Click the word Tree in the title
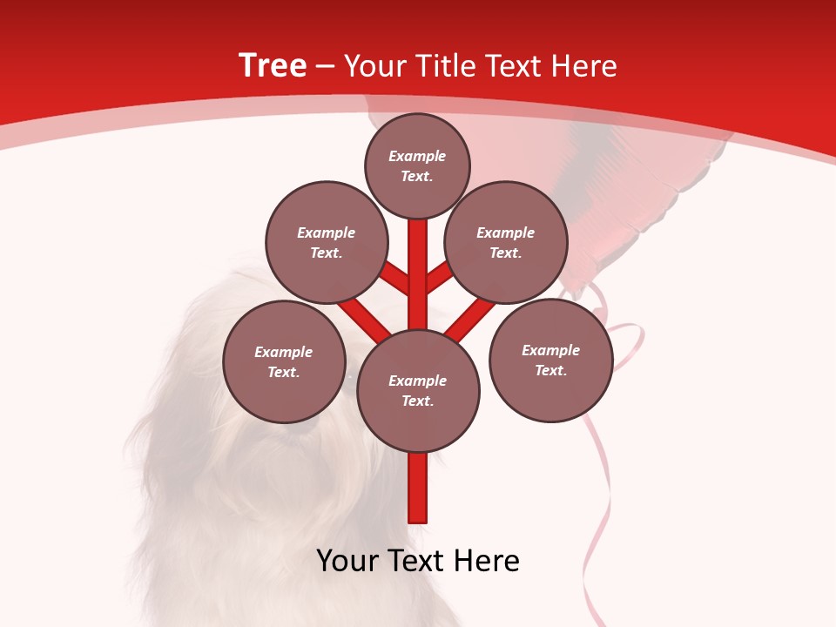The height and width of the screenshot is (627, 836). pyautogui.click(x=273, y=66)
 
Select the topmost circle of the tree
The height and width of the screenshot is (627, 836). pyautogui.click(x=417, y=165)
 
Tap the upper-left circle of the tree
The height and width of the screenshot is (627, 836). pyautogui.click(x=327, y=242)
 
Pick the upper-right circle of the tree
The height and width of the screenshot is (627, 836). pyautogui.click(x=506, y=242)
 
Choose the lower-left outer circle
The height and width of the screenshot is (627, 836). pyautogui.click(x=284, y=361)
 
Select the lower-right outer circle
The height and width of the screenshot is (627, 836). pyautogui.click(x=551, y=360)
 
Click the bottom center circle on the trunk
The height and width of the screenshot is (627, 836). pyautogui.click(x=418, y=390)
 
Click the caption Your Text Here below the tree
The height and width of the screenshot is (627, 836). pyautogui.click(x=418, y=561)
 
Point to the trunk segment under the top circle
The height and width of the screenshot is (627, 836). pyautogui.click(x=418, y=261)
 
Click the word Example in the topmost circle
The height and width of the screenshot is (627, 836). pyautogui.click(x=417, y=156)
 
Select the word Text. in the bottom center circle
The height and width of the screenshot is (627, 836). pyautogui.click(x=417, y=401)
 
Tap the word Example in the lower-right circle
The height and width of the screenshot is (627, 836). pyautogui.click(x=550, y=350)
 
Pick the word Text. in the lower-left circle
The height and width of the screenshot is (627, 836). pyautogui.click(x=284, y=373)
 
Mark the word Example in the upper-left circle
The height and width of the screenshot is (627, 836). pyautogui.click(x=327, y=233)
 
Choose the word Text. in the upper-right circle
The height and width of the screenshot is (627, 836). pyautogui.click(x=505, y=253)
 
